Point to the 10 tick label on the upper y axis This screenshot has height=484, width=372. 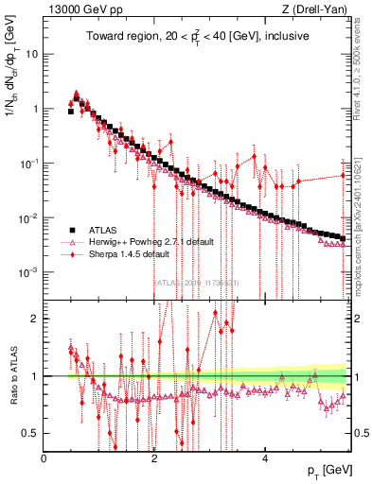(32, 54)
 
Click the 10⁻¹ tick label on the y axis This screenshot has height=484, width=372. (29, 163)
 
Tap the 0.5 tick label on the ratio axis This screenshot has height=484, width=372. (30, 433)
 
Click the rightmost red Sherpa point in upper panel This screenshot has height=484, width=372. (344, 175)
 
